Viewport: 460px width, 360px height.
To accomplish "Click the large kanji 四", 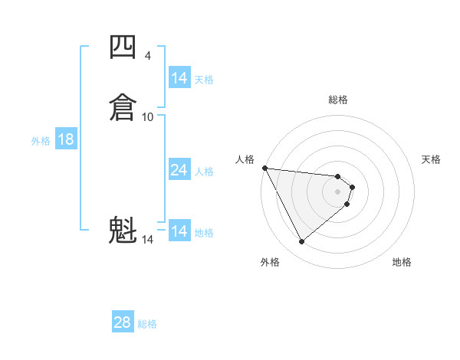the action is point(123,47).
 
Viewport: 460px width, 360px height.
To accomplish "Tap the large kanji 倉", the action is point(123,106).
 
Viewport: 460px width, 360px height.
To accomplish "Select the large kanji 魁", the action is point(123,230).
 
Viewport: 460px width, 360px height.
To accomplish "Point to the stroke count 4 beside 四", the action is point(147,55).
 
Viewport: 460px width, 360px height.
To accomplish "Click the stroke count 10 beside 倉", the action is point(148,116).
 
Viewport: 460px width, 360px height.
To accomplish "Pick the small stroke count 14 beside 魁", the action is point(148,240).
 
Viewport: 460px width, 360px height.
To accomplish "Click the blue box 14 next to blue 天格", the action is point(179,78).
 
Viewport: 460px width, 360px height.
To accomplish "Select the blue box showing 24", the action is point(179,170).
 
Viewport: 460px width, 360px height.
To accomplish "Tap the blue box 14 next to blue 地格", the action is point(179,231).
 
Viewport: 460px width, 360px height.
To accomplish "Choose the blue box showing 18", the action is point(66,139).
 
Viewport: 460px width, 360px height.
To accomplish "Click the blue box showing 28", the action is point(123,322).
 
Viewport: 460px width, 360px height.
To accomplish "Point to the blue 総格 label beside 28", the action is point(147,324).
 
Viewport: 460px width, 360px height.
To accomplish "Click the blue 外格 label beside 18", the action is point(41,141).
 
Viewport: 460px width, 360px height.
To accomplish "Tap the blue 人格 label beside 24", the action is point(204,172).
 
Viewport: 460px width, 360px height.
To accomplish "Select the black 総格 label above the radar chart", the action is point(338,100).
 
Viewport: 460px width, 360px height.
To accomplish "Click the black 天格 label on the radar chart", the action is point(432,159).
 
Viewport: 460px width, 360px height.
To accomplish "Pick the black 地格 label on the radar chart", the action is point(402,262).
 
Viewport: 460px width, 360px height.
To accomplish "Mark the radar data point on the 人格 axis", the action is point(264,168).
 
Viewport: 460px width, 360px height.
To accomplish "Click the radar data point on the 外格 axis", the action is point(302,241).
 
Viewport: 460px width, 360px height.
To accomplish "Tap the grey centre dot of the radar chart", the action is point(338,191).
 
